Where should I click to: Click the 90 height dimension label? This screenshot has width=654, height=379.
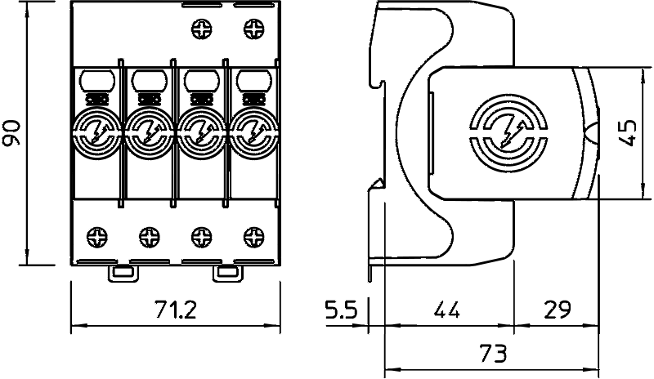[x=11, y=133]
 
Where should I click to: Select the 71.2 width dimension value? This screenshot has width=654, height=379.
[x=175, y=310]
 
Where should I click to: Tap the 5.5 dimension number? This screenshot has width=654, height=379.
[x=342, y=310]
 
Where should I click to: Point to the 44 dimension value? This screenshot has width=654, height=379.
[x=446, y=310]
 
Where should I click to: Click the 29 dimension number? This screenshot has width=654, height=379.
[x=558, y=310]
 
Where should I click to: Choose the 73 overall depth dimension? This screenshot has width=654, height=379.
[x=494, y=354]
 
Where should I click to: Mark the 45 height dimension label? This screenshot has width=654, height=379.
[x=628, y=133]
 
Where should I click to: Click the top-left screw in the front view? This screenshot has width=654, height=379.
[x=202, y=29]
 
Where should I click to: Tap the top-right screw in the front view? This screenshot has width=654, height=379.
[x=254, y=29]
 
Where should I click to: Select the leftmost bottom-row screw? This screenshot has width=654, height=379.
[x=97, y=237]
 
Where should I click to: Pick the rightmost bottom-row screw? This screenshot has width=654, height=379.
[x=254, y=237]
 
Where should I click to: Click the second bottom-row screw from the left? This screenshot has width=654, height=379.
[x=150, y=237]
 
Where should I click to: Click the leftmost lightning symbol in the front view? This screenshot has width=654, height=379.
[x=97, y=133]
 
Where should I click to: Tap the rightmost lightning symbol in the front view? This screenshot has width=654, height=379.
[x=253, y=133]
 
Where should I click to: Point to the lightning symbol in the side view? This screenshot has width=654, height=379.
[x=508, y=133]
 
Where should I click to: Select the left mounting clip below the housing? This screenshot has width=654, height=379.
[x=123, y=273]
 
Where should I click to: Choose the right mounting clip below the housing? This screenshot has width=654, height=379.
[x=228, y=273]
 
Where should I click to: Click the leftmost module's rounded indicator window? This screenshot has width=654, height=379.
[x=97, y=81]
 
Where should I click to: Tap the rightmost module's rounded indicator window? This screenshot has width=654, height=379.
[x=253, y=81]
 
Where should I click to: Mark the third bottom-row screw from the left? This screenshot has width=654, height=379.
[x=202, y=237]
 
